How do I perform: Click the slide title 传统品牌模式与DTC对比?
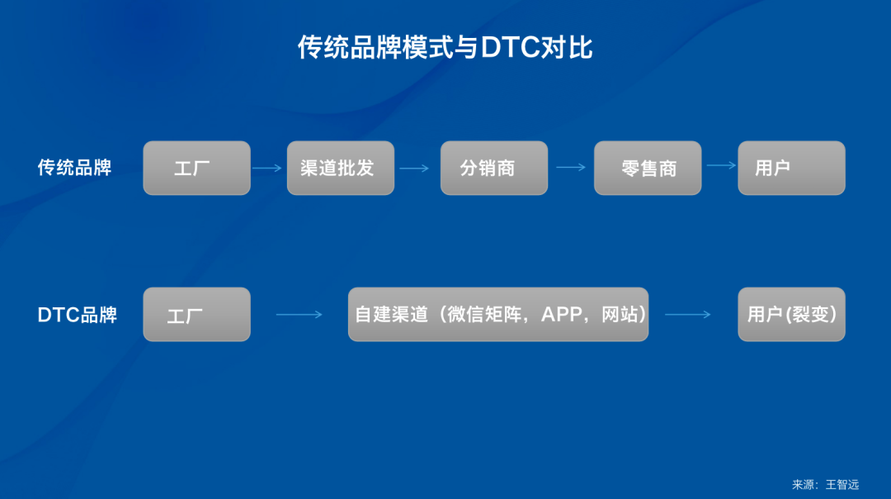(x=445, y=48)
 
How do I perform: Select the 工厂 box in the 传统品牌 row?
(x=196, y=168)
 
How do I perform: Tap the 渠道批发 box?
(x=340, y=168)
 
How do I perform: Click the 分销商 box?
(x=493, y=168)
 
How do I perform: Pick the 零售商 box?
(x=648, y=168)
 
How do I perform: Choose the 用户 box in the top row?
(x=791, y=168)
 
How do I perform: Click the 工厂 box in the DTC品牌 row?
(x=196, y=314)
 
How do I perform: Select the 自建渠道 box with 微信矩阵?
(x=497, y=314)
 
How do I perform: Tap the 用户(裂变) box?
(x=791, y=314)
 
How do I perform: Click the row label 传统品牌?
(x=74, y=168)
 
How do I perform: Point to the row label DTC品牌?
(x=78, y=315)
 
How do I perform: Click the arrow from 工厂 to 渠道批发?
(x=267, y=168)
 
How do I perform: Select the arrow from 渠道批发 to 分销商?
(x=414, y=168)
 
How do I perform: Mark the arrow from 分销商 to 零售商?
(x=570, y=167)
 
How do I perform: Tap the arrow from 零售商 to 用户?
(x=720, y=165)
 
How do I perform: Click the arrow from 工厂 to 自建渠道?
(x=299, y=314)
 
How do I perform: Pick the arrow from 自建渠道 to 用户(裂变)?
(x=687, y=314)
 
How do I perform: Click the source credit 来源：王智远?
(x=825, y=485)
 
